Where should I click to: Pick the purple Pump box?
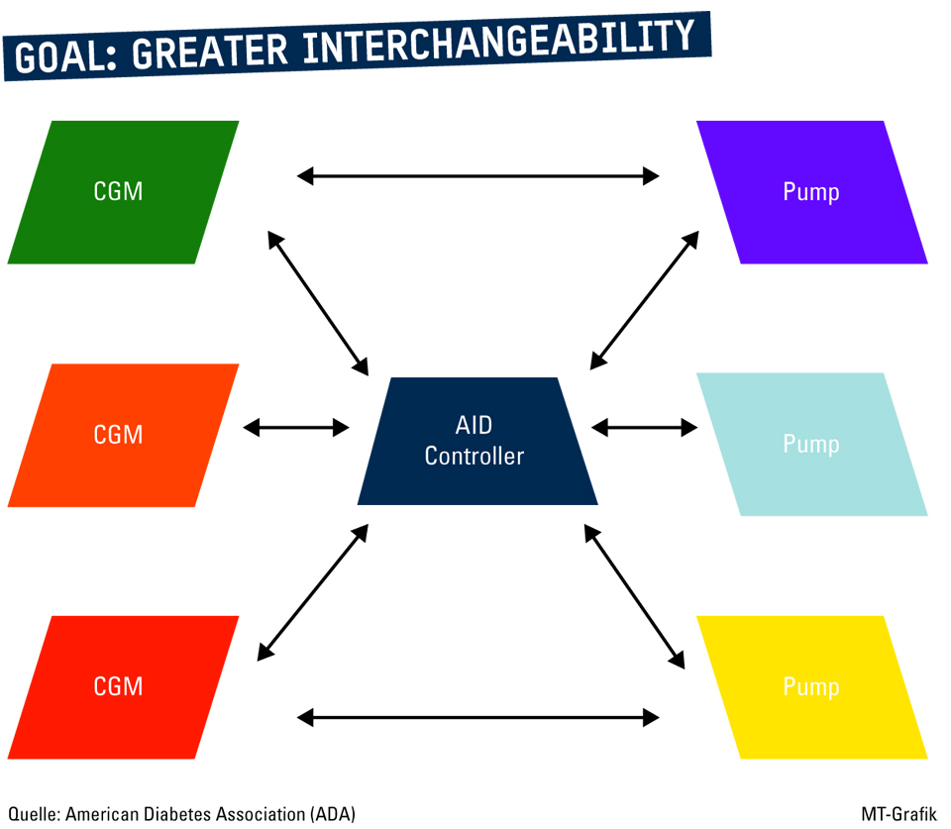(x=811, y=192)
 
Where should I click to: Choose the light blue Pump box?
(x=811, y=444)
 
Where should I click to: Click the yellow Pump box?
(x=811, y=686)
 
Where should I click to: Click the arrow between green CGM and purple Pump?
(x=477, y=176)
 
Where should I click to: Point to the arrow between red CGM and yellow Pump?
(x=477, y=716)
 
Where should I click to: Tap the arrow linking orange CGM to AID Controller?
(x=296, y=427)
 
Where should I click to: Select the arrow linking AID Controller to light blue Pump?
(x=644, y=427)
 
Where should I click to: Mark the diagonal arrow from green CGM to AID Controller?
(x=318, y=300)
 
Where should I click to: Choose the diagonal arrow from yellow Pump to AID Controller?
(x=633, y=595)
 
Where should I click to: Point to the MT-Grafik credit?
(x=899, y=813)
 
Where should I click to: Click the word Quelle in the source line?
(x=33, y=813)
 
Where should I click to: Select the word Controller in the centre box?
(x=474, y=456)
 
